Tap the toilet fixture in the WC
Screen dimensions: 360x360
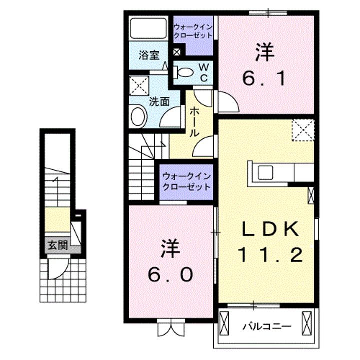(184, 72)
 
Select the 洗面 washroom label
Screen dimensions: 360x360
(159, 101)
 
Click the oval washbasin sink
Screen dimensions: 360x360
(138, 118)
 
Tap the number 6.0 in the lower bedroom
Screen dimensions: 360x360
(169, 274)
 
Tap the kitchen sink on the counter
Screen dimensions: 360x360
(265, 172)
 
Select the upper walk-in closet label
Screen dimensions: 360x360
(193, 31)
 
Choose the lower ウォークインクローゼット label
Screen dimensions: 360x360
(186, 181)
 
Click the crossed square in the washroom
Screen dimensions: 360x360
(139, 85)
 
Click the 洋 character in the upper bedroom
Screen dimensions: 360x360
(264, 53)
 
